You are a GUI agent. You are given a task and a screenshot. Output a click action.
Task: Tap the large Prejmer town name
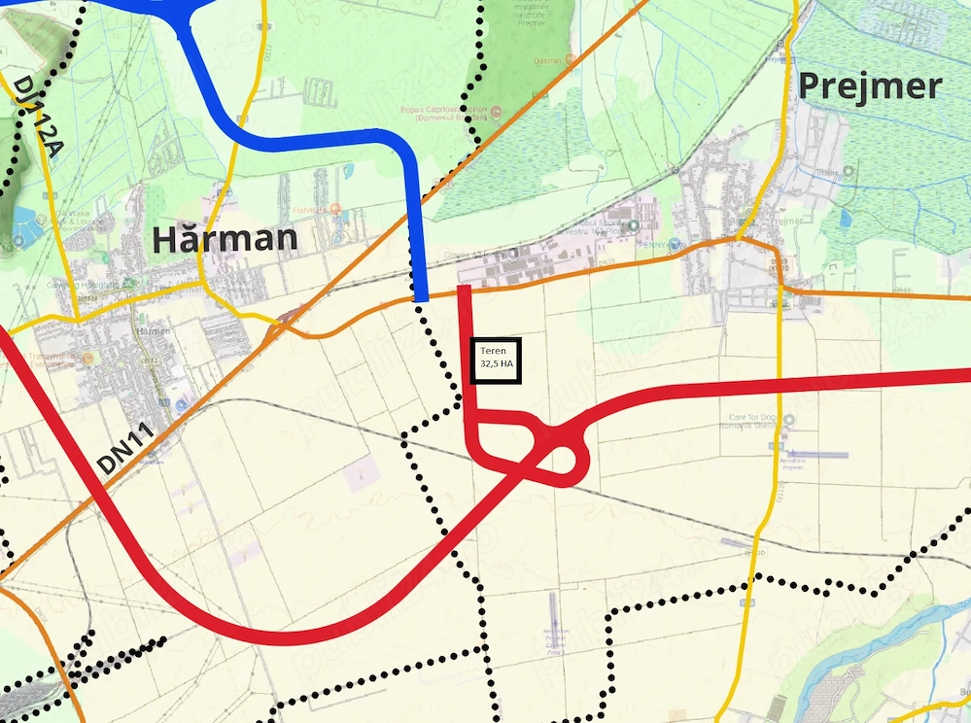pyautogui.click(x=869, y=86)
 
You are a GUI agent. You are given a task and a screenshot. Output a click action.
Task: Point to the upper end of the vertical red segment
pyautogui.click(x=465, y=289)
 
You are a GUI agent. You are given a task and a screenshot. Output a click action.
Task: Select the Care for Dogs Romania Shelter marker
pyautogui.click(x=788, y=420)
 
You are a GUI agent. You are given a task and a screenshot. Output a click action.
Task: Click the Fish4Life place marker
pyautogui.click(x=335, y=208)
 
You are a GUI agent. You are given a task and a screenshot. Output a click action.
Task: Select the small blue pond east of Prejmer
pyautogui.click(x=844, y=216)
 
